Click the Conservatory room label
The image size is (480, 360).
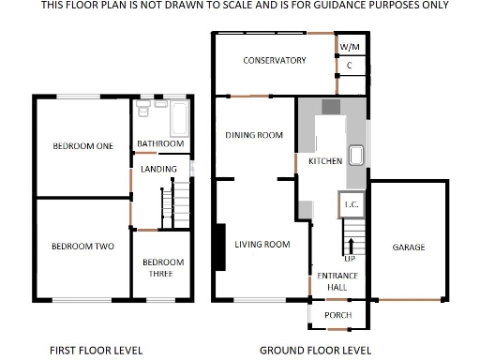pos(274,60)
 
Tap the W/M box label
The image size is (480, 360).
pos(349,46)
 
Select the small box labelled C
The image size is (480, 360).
pos(349,66)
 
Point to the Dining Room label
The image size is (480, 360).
pos(254,135)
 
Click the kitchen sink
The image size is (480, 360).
pos(356,155)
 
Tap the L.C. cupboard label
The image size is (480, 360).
pos(352,204)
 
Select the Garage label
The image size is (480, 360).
pos(408,247)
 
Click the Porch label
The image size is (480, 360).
pos(337,315)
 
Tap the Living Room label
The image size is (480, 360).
pos(262,245)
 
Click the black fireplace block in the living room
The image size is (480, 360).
pos(219,246)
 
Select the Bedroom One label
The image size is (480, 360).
pos(82,146)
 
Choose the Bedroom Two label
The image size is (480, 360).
pos(82,247)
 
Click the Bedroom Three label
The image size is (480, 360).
pos(163,268)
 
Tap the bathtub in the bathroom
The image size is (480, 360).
pos(180,120)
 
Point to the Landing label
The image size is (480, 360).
pos(158,169)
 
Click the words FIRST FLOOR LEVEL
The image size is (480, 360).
pos(96,351)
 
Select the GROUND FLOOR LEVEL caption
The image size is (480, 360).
pos(315,351)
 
